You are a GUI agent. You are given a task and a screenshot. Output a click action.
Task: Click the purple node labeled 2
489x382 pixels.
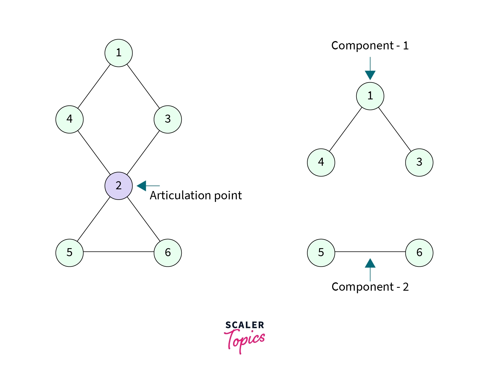point(118,186)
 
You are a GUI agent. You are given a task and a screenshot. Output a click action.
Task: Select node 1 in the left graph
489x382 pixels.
point(118,53)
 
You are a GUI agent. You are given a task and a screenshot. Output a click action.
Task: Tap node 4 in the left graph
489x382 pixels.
point(69,119)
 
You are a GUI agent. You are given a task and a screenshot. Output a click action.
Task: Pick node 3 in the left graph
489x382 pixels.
point(168,119)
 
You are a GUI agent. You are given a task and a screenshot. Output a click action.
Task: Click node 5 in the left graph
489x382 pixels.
point(69,253)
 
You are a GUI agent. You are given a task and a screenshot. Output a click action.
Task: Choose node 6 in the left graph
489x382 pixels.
point(168,253)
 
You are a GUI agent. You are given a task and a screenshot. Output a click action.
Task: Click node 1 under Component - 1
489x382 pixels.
point(370,96)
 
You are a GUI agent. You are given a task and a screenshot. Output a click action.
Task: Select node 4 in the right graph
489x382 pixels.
point(321,162)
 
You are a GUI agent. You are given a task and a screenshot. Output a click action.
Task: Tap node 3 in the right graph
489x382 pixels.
point(419,162)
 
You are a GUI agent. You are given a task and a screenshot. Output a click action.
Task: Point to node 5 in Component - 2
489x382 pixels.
point(321,253)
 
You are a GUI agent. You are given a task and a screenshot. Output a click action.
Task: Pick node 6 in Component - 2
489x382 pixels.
point(419,253)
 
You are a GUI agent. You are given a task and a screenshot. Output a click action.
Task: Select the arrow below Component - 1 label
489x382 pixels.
point(370,69)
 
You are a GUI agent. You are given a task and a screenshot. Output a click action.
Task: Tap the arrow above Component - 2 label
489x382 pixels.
point(370,269)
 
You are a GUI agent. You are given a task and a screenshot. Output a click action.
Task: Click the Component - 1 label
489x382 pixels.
point(370,46)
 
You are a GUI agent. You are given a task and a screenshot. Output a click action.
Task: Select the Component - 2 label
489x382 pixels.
point(370,287)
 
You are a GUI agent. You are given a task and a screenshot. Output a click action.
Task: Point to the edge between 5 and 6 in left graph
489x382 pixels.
point(118,252)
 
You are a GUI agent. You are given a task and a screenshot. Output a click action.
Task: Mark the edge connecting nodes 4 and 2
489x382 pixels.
point(94,153)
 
